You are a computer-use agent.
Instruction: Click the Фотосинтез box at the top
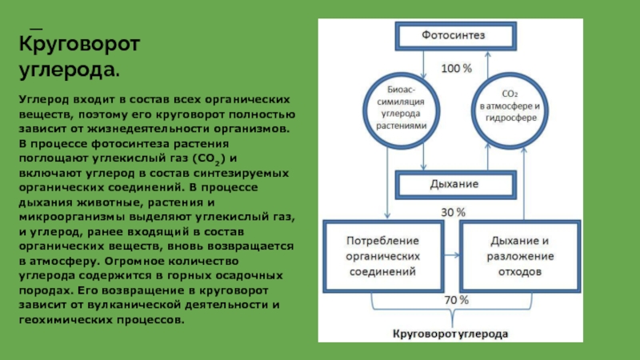click(454, 36)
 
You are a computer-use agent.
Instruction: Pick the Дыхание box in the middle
click(454, 183)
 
